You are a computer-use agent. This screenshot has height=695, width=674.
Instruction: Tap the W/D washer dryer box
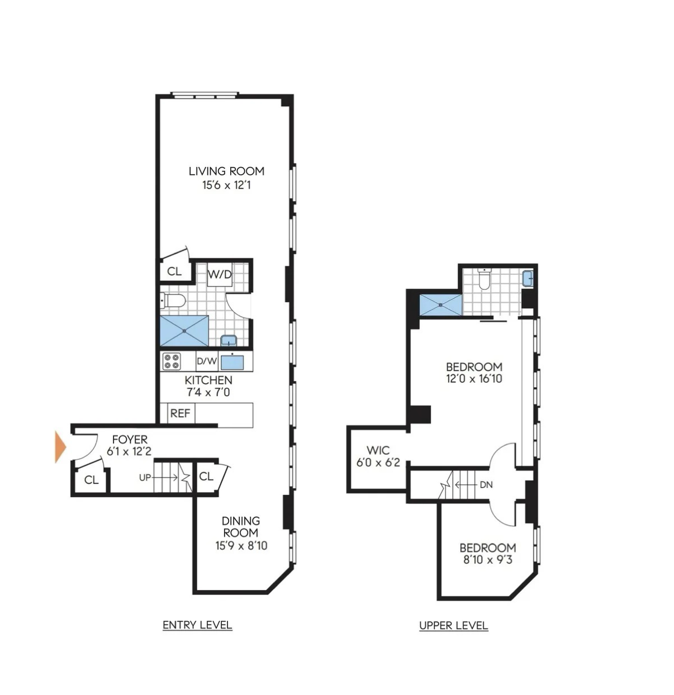pos(220,275)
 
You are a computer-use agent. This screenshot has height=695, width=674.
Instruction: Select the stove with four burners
pos(171,361)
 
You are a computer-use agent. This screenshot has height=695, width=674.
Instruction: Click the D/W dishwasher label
pos(206,361)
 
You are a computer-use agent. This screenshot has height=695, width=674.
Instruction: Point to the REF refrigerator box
pos(180,413)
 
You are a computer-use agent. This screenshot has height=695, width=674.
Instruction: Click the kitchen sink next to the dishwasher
pos(232,361)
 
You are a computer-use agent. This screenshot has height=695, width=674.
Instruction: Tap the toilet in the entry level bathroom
pos(173,302)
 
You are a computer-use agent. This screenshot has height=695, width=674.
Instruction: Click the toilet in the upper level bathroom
pos(485,279)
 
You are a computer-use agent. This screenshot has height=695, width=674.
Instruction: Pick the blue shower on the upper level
pos(441,305)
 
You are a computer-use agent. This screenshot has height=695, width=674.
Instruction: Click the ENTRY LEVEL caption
pos(197,625)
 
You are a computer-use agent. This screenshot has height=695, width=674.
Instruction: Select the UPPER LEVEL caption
pos(453,626)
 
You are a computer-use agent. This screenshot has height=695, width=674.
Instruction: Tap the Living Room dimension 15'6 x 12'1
pos(226,185)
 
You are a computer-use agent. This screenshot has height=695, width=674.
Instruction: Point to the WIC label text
pos(378,450)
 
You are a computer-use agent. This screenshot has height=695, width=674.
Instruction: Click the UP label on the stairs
pos(145,478)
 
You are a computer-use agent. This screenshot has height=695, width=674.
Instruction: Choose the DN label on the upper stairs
pos(486,484)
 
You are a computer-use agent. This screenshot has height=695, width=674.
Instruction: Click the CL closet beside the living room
pos(174,272)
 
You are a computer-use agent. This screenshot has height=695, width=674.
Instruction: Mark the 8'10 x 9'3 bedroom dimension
pos(487,559)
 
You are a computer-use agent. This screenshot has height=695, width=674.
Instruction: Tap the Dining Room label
pos(241,527)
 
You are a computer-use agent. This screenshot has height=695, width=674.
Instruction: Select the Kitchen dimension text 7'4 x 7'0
pos(208,392)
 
